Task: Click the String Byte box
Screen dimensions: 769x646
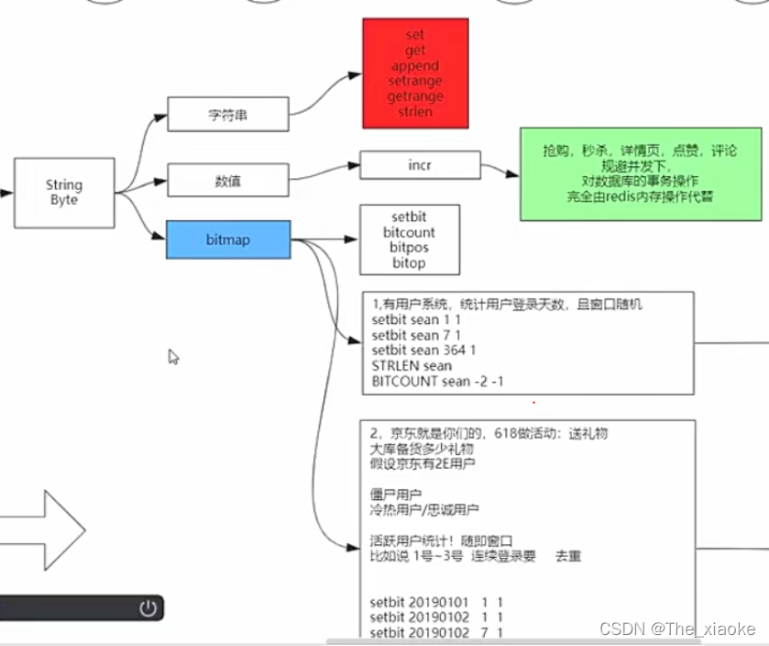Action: click(64, 193)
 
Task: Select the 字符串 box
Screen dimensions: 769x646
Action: click(228, 115)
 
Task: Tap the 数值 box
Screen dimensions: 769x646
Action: click(228, 180)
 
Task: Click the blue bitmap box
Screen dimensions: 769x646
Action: click(228, 239)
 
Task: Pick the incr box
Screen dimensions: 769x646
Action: click(420, 165)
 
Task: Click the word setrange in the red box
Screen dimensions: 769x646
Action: click(415, 82)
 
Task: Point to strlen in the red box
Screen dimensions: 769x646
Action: click(415, 111)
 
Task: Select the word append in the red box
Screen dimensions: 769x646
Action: click(415, 66)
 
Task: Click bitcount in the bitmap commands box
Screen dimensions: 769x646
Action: click(409, 233)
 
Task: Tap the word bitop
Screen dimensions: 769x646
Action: click(409, 263)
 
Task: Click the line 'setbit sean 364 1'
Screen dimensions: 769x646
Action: click(423, 351)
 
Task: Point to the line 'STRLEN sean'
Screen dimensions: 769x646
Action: click(412, 366)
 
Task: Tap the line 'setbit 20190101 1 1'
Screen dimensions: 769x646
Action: click(436, 603)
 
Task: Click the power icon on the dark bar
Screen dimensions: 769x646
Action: click(148, 607)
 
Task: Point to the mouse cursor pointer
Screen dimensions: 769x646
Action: click(173, 356)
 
